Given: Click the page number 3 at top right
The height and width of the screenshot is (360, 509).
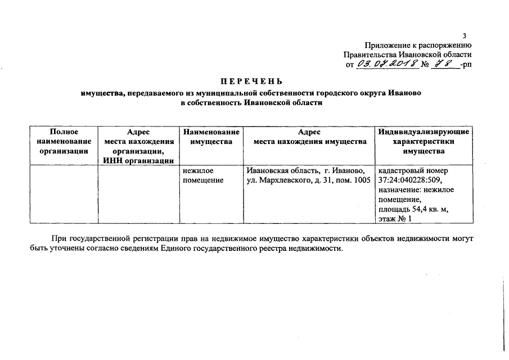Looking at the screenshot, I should [x=465, y=36].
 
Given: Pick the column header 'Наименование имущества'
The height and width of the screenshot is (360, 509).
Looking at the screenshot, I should [x=211, y=136].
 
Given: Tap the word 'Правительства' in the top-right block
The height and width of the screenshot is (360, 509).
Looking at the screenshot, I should [x=370, y=55].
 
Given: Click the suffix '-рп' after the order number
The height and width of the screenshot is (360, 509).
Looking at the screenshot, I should [x=465, y=65].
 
